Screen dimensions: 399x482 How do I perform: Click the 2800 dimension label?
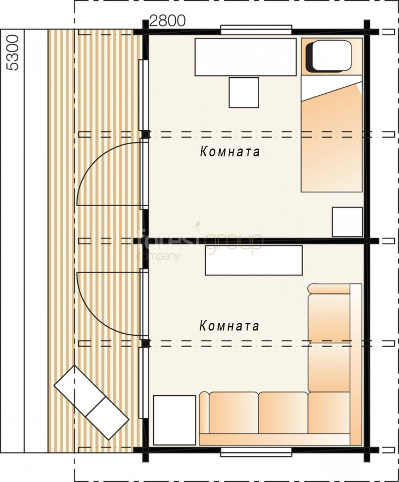click(168, 21)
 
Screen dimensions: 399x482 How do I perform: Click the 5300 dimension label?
click(13, 52)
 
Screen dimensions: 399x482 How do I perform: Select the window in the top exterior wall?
click(256, 30)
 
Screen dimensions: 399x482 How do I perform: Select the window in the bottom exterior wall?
click(256, 452)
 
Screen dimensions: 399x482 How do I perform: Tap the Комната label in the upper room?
click(230, 151)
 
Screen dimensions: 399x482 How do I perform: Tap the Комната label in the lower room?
click(229, 326)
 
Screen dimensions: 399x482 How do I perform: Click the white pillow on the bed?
click(332, 55)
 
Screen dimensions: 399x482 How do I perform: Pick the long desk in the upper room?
click(246, 57)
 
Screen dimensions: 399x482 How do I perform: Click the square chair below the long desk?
click(244, 93)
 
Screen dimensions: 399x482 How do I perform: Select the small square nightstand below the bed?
click(348, 222)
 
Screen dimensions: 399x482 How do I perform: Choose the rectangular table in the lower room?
click(254, 260)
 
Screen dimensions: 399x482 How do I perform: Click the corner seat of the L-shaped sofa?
click(329, 413)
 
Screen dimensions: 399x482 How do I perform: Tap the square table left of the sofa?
click(175, 420)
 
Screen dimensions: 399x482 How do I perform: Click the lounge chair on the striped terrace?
click(91, 402)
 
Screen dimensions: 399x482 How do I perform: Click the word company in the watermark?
click(159, 256)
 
